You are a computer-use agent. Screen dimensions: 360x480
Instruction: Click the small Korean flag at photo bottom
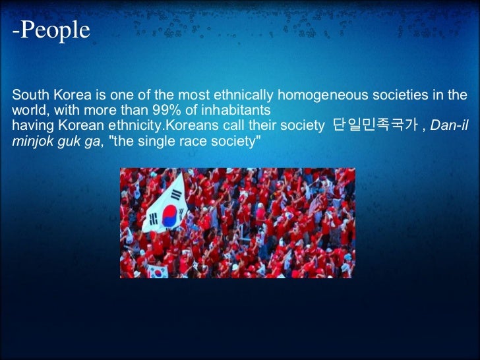(156, 270)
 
